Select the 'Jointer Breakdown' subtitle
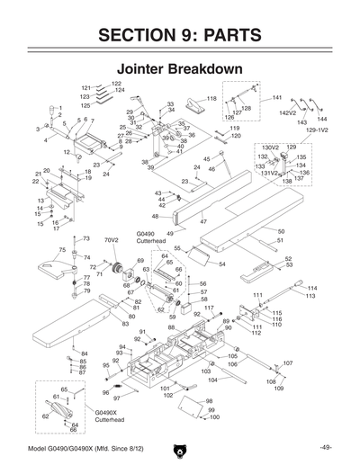click(x=179, y=68)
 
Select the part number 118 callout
click(x=211, y=98)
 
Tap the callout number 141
click(x=276, y=97)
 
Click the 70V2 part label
click(x=112, y=240)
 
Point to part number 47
click(x=203, y=221)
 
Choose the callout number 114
click(x=312, y=288)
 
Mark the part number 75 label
click(x=62, y=250)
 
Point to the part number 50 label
click(x=281, y=232)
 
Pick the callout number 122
click(x=116, y=84)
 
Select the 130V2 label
click(x=271, y=147)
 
